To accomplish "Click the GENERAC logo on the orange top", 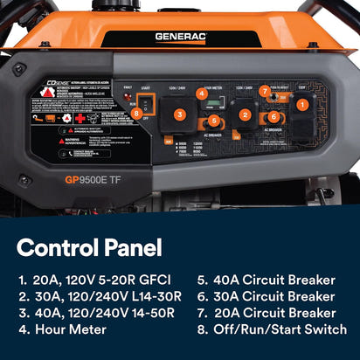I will click(180, 37).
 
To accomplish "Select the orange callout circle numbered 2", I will click(245, 114).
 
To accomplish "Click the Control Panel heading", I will click(89, 247).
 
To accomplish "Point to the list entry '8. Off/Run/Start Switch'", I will click(272, 329).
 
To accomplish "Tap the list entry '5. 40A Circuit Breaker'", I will click(267, 280).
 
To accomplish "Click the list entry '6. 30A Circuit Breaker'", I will click(267, 296).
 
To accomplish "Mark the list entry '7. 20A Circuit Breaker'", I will click(267, 313).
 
